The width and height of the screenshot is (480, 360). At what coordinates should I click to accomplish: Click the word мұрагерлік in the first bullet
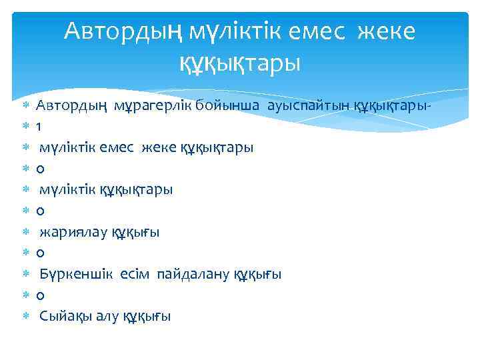coord(146,105)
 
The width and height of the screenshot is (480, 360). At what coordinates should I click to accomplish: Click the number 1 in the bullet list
coord(39,127)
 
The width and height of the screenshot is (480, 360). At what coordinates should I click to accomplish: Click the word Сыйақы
coord(61,316)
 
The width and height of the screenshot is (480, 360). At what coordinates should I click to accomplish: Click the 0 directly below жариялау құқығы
coord(40,253)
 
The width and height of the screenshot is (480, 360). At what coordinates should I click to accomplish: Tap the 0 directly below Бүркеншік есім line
coord(40,295)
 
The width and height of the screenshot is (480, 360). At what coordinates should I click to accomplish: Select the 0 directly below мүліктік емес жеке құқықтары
coord(40,169)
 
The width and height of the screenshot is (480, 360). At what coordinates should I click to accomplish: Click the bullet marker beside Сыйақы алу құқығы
coord(25,317)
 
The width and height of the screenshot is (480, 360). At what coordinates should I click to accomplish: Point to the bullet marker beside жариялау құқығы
coord(25,233)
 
